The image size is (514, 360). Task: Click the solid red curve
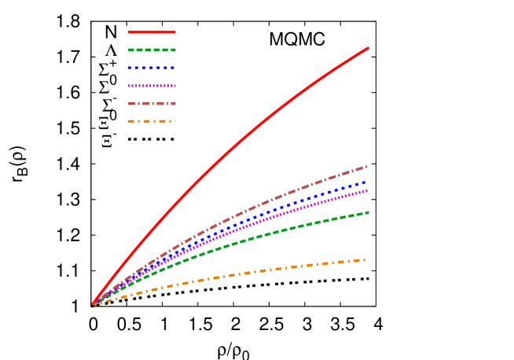point(236,146)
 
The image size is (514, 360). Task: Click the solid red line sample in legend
point(152,32)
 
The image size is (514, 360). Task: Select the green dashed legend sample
point(152,50)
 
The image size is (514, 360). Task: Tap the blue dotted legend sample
point(152,68)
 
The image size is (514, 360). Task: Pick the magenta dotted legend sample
point(152,86)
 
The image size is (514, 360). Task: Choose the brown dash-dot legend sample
point(152,103)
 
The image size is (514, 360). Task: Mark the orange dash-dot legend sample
point(152,121)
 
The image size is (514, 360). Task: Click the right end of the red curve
point(368,48)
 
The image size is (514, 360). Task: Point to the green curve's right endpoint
point(368,212)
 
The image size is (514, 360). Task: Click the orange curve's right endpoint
point(365,259)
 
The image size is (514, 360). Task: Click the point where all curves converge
point(93,304)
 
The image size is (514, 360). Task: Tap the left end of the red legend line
point(128,32)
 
